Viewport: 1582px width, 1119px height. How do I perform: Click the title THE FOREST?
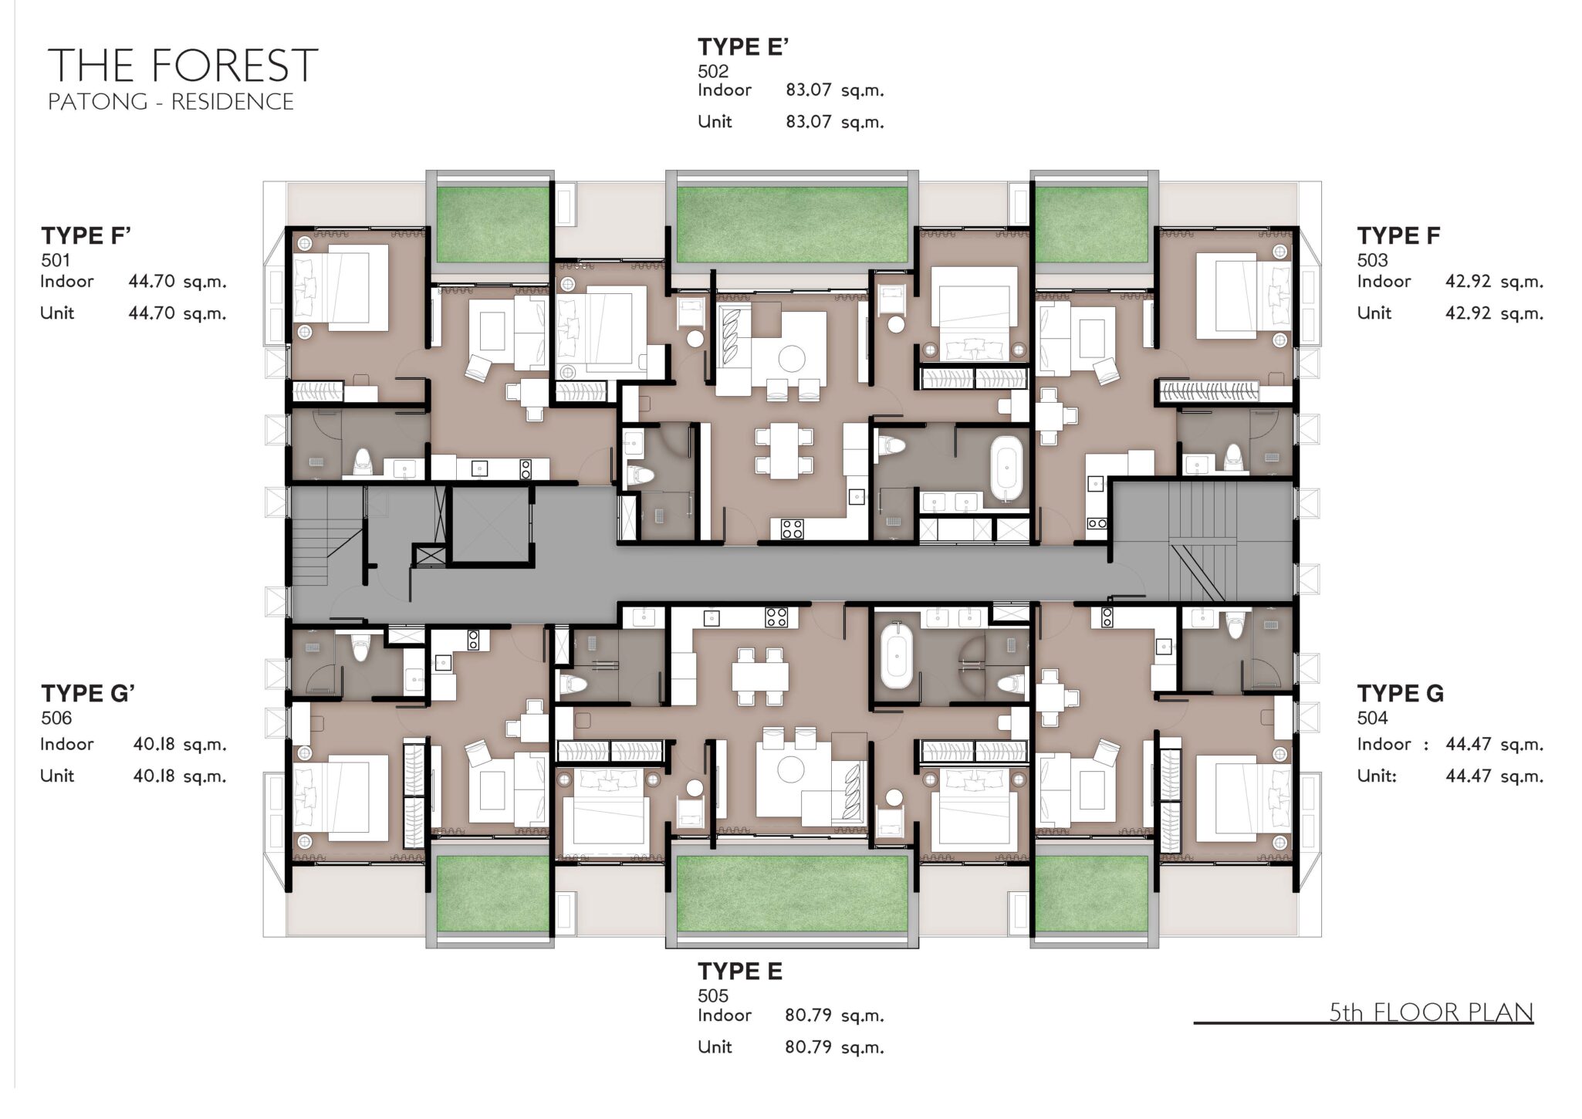[183, 65]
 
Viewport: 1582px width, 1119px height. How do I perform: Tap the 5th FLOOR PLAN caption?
[1431, 1012]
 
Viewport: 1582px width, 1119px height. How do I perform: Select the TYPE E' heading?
[743, 47]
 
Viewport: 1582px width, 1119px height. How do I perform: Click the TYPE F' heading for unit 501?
[86, 235]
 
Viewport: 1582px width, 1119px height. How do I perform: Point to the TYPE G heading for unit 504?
[1400, 694]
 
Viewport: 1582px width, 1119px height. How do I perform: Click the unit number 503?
[1372, 260]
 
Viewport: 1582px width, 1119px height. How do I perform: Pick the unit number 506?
[56, 718]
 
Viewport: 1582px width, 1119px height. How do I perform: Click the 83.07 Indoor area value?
[808, 90]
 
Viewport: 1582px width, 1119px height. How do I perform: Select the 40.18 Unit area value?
[155, 776]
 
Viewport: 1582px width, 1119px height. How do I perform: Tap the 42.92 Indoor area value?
[1468, 281]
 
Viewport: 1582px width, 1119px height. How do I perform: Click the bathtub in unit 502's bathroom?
[1006, 468]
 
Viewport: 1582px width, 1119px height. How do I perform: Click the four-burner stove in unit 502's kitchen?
[792, 529]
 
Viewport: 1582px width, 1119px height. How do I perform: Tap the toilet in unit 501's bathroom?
[362, 462]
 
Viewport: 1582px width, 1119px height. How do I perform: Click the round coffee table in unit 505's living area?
[791, 769]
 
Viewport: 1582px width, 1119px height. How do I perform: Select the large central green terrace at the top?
[792, 224]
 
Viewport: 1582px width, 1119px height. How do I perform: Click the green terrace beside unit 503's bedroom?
[1091, 224]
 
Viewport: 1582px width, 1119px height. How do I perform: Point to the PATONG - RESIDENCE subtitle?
[171, 102]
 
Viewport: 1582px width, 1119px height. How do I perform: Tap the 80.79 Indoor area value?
[808, 1015]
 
